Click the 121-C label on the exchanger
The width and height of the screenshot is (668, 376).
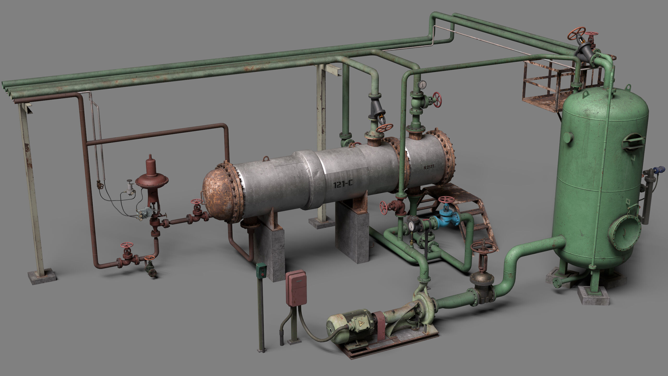coord(343,184)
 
